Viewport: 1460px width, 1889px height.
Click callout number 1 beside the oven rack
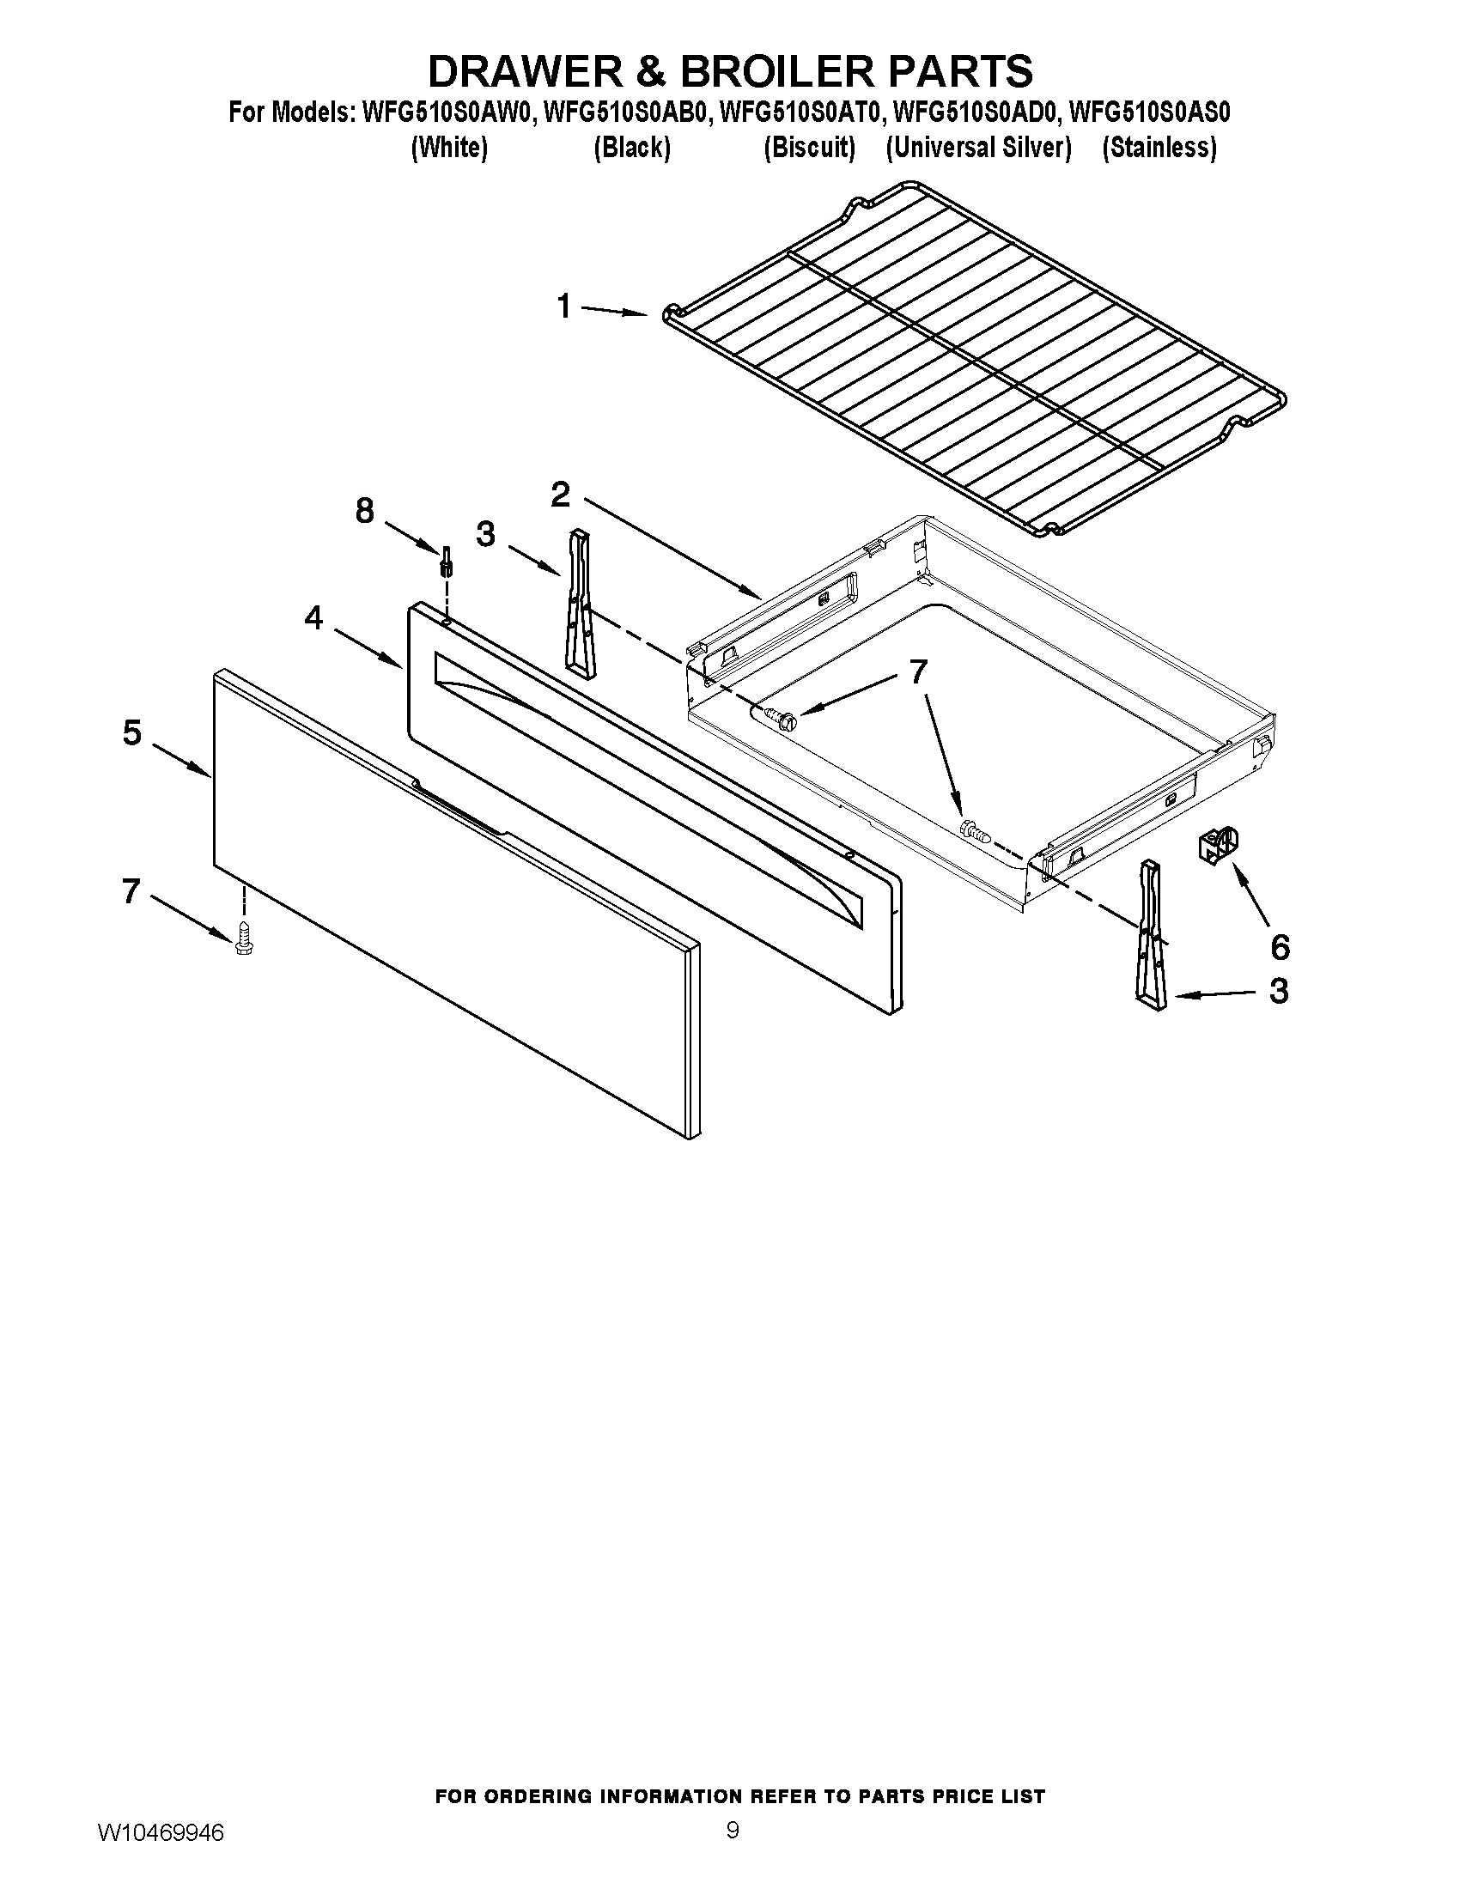[564, 307]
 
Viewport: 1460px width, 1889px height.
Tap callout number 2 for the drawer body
[561, 495]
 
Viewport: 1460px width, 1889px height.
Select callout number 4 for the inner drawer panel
[313, 617]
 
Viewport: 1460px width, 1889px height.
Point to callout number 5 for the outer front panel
[131, 732]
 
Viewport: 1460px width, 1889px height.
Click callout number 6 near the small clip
[1281, 947]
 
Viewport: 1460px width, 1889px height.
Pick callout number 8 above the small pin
[365, 511]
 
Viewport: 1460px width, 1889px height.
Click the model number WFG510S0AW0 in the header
[447, 112]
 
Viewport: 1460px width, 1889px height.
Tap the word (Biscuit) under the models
[809, 148]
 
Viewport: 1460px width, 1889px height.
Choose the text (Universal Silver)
[978, 148]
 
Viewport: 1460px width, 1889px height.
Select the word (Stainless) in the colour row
[1159, 148]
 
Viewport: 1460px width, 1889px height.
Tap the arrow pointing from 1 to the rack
[614, 312]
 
